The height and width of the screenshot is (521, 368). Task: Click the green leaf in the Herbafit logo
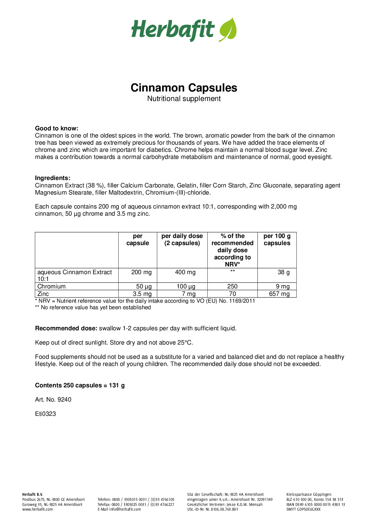point(228,30)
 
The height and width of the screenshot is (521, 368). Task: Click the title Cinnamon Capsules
point(184,88)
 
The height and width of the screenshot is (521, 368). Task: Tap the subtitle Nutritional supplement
point(184,99)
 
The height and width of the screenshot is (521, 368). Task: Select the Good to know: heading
point(57,128)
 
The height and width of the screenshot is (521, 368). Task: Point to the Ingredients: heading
point(53,178)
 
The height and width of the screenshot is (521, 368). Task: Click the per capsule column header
point(138,239)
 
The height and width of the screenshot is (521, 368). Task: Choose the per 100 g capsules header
point(277,239)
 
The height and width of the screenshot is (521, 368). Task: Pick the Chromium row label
point(51,286)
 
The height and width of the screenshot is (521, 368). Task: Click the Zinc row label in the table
point(43,294)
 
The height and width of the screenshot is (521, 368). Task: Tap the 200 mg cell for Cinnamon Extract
point(141,272)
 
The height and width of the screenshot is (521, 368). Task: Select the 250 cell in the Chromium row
point(232,286)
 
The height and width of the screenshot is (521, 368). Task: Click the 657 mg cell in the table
point(279,294)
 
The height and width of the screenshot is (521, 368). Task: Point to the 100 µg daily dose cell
point(186,286)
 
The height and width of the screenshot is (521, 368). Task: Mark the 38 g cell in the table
point(284,272)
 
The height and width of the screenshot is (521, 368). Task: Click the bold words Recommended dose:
point(66,328)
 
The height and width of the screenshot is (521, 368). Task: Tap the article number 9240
point(64,400)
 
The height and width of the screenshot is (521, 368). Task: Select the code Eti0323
point(45,414)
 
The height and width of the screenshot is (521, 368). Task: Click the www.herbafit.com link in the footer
point(37,509)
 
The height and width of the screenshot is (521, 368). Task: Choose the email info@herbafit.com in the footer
point(125,509)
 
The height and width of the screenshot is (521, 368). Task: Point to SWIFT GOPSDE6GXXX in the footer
point(303,509)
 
